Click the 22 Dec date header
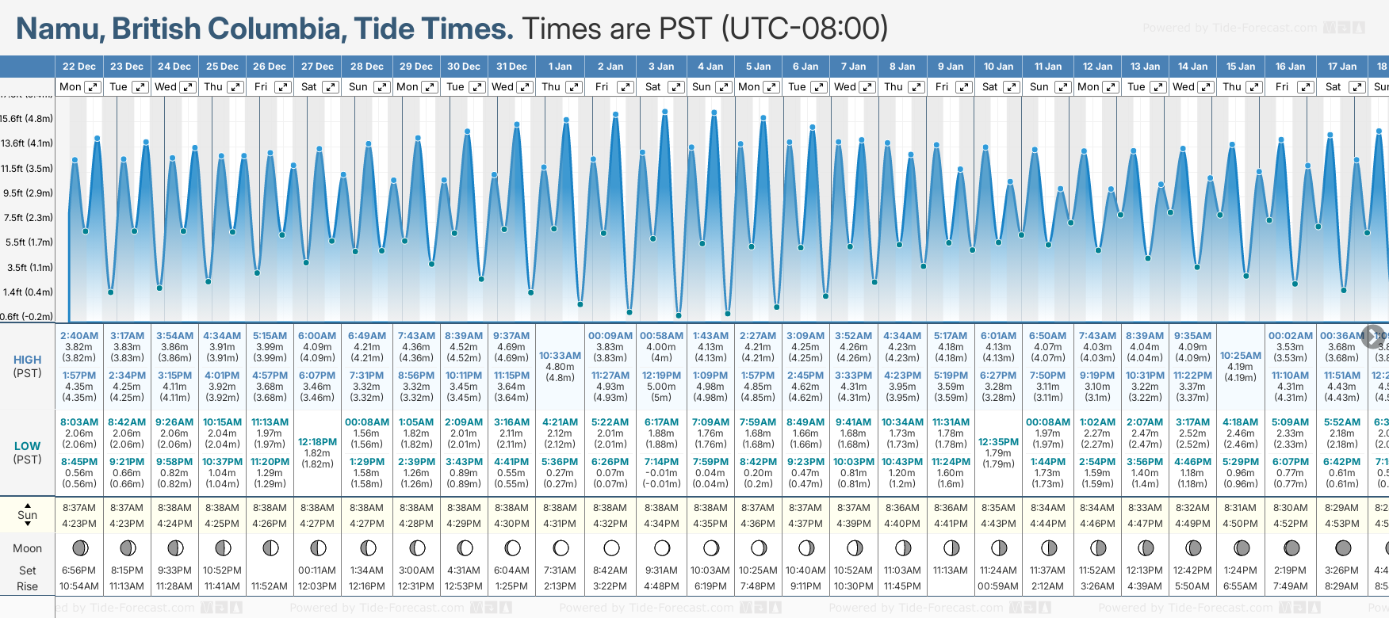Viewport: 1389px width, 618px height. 79,67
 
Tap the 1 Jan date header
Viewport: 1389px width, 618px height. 560,67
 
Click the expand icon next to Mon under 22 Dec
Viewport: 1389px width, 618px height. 93,87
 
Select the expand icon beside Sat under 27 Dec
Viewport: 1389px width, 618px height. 331,87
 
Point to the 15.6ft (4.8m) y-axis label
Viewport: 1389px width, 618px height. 27,119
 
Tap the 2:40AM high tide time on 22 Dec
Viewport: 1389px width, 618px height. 79,336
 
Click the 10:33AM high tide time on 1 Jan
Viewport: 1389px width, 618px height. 560,356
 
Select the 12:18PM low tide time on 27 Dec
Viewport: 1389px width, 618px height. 317,442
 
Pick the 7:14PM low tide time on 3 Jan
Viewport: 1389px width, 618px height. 661,462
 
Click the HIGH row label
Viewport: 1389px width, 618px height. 27,360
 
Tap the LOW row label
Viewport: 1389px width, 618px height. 27,447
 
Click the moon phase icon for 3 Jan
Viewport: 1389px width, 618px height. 662,548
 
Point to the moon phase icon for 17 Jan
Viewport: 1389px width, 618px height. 1343,548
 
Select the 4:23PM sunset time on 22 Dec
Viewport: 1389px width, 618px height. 79,524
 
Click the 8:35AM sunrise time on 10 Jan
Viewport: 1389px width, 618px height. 998,508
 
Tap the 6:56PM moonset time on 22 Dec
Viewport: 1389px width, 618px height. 78,570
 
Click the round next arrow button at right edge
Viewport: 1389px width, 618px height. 1373,336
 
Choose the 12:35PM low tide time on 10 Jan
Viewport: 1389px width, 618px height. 998,442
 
